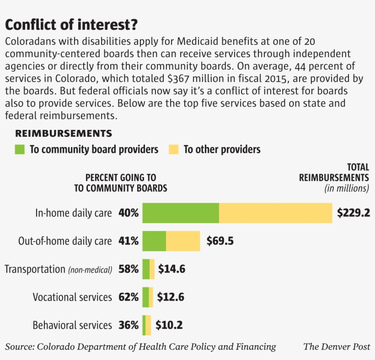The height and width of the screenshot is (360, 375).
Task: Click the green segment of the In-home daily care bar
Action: coord(181,213)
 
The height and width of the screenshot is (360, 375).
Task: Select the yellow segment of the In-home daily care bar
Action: coord(275,213)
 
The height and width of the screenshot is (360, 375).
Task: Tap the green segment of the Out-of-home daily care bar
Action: coord(154,241)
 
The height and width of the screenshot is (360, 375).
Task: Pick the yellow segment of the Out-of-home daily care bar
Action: coord(183,241)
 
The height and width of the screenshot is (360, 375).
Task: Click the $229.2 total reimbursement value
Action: coord(353,213)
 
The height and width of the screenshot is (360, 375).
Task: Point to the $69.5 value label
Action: coord(220,241)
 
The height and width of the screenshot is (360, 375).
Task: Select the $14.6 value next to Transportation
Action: coord(171,269)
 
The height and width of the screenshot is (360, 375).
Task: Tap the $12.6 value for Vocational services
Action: coord(171,297)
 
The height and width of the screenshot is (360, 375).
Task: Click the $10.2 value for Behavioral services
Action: coord(169,325)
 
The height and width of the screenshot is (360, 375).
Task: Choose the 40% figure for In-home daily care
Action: coord(128,213)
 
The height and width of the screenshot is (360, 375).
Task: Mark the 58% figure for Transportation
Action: coord(128,269)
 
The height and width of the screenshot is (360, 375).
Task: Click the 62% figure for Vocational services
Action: coord(128,297)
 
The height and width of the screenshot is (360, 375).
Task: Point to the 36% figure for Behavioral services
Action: coord(128,325)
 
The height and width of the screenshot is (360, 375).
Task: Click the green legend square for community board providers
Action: coord(20,149)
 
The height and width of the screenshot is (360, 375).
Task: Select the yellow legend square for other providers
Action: coord(173,149)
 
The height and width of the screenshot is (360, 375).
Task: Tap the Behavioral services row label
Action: coord(72,325)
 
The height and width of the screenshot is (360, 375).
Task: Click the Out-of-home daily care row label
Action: coord(65,241)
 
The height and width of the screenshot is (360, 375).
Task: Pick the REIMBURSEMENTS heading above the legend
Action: coord(64,134)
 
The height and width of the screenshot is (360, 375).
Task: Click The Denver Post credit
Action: coord(337,347)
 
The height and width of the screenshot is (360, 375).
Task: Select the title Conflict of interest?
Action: coord(71,24)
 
